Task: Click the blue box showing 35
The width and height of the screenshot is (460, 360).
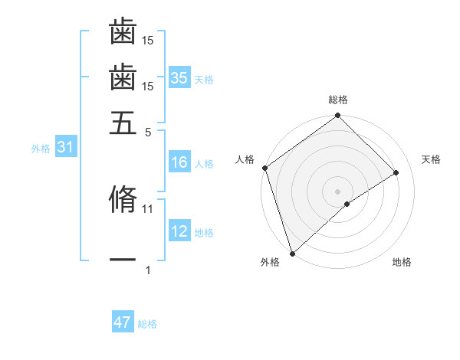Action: pos(179,78)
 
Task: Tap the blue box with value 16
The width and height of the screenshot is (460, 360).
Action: pos(179,162)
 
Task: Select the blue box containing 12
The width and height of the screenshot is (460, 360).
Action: pos(179,231)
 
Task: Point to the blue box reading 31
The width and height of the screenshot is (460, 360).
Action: pos(64,148)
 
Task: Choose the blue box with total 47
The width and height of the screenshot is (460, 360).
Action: pos(123,322)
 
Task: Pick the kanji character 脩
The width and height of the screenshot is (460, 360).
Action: pos(123,199)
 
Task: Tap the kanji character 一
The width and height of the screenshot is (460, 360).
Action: pos(123,261)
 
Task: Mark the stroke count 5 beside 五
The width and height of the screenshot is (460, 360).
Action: pos(148,132)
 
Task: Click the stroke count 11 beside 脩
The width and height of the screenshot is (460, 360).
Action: pos(148,208)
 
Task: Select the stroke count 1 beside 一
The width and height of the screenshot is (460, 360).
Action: pos(148,270)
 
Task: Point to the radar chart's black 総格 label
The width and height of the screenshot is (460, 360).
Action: pos(338,100)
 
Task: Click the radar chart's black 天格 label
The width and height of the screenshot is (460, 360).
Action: pos(431,159)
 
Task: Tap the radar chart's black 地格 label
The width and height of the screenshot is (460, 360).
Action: pos(402,262)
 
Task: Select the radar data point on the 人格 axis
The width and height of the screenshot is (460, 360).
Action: pos(264,168)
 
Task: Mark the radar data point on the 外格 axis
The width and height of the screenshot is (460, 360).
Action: pos(292,254)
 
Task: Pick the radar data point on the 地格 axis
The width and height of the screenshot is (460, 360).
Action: pos(347,204)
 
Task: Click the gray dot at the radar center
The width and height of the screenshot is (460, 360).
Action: pos(338,191)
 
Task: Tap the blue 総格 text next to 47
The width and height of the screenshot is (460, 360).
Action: pos(147,324)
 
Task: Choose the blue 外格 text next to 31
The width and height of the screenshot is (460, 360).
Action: pos(41,149)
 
